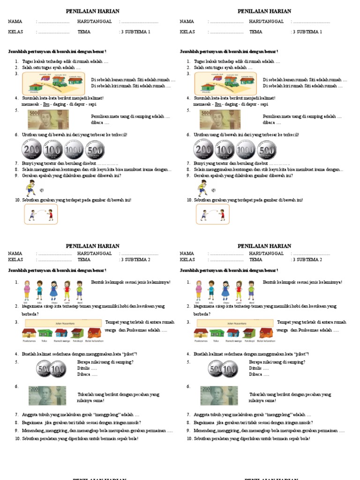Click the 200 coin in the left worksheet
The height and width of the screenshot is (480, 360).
[32, 150]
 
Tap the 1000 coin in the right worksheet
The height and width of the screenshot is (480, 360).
[246, 150]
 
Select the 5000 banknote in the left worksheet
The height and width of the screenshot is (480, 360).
[48, 119]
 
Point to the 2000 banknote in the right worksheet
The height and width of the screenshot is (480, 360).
[219, 396]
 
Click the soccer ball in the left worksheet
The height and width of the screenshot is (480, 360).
[42, 190]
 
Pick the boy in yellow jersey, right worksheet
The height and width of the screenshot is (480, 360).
[202, 187]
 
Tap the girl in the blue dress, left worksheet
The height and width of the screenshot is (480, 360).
[54, 290]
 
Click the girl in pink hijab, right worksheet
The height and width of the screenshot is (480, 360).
[199, 290]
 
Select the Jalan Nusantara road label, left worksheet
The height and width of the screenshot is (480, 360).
[63, 323]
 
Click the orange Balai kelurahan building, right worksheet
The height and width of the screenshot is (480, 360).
[264, 333]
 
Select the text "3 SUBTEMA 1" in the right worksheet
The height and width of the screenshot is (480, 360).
[308, 32]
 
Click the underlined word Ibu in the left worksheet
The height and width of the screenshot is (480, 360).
[45, 104]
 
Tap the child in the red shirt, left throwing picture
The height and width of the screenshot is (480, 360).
[51, 214]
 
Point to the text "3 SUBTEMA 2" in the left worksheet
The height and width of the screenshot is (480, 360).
[136, 259]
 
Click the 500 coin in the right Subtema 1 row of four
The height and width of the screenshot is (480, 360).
[267, 150]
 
